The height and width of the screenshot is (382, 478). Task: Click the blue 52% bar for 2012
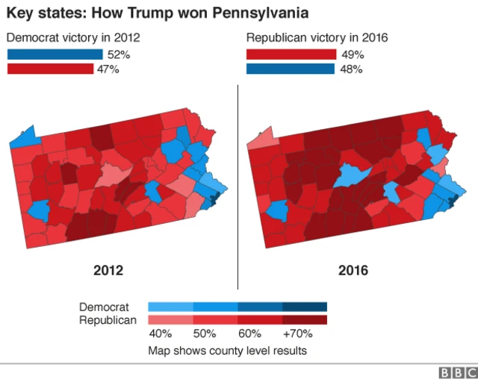click(55, 54)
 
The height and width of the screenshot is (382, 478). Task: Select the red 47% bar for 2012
click(50, 69)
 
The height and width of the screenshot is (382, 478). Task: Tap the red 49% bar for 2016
click(291, 54)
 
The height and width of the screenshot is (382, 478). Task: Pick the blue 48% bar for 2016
click(291, 69)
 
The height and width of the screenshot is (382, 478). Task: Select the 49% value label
click(352, 54)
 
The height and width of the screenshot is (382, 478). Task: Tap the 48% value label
click(350, 69)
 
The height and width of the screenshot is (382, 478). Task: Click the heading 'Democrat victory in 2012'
click(73, 37)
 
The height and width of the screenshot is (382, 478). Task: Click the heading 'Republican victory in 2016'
click(317, 37)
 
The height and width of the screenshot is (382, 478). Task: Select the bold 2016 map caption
click(353, 270)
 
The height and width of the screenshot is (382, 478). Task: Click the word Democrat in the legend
click(104, 307)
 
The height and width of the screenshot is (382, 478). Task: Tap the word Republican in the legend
click(108, 320)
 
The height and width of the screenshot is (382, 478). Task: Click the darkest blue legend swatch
click(305, 307)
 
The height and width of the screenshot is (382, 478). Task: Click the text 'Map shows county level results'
click(227, 350)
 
